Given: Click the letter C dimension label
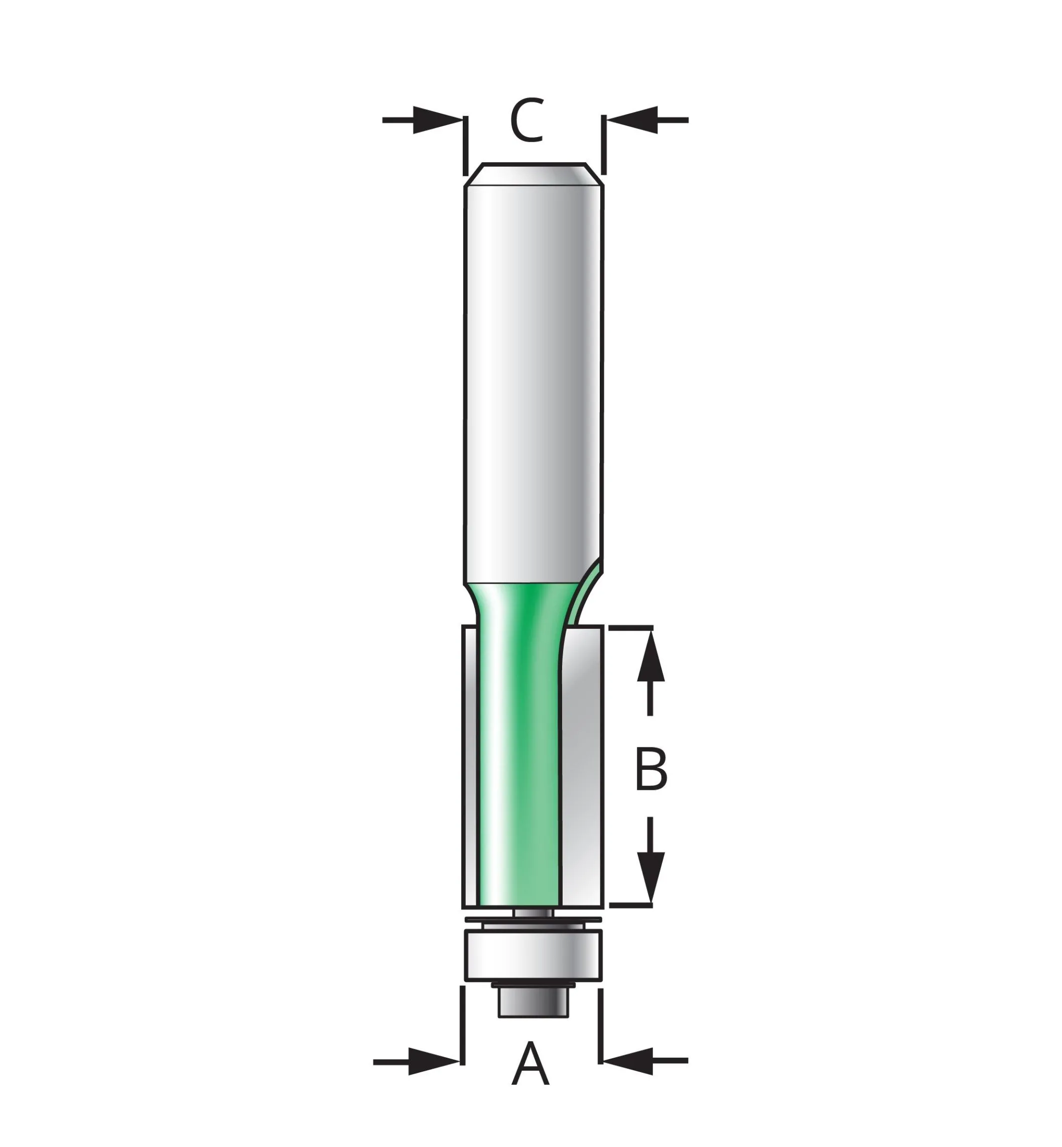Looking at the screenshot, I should (526, 121).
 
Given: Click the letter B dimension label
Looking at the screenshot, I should (650, 769).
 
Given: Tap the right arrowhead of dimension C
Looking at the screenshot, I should (632, 120).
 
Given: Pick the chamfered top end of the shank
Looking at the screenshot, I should (534, 175).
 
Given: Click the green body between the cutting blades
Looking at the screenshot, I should (517, 776).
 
